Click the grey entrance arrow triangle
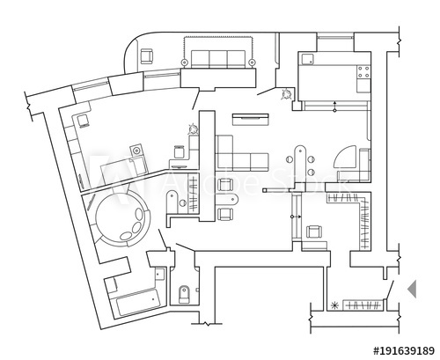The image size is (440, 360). (x=410, y=288)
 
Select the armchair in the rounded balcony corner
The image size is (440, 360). (x=147, y=55)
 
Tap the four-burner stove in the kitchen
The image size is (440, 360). (x=363, y=77)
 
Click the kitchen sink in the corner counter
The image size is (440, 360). (x=308, y=59)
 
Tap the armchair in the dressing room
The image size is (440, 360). (x=313, y=231)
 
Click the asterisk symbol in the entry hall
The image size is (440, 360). (x=334, y=305)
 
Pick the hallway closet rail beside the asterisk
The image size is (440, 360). (x=364, y=305)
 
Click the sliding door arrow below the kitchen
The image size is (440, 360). (x=334, y=107)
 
